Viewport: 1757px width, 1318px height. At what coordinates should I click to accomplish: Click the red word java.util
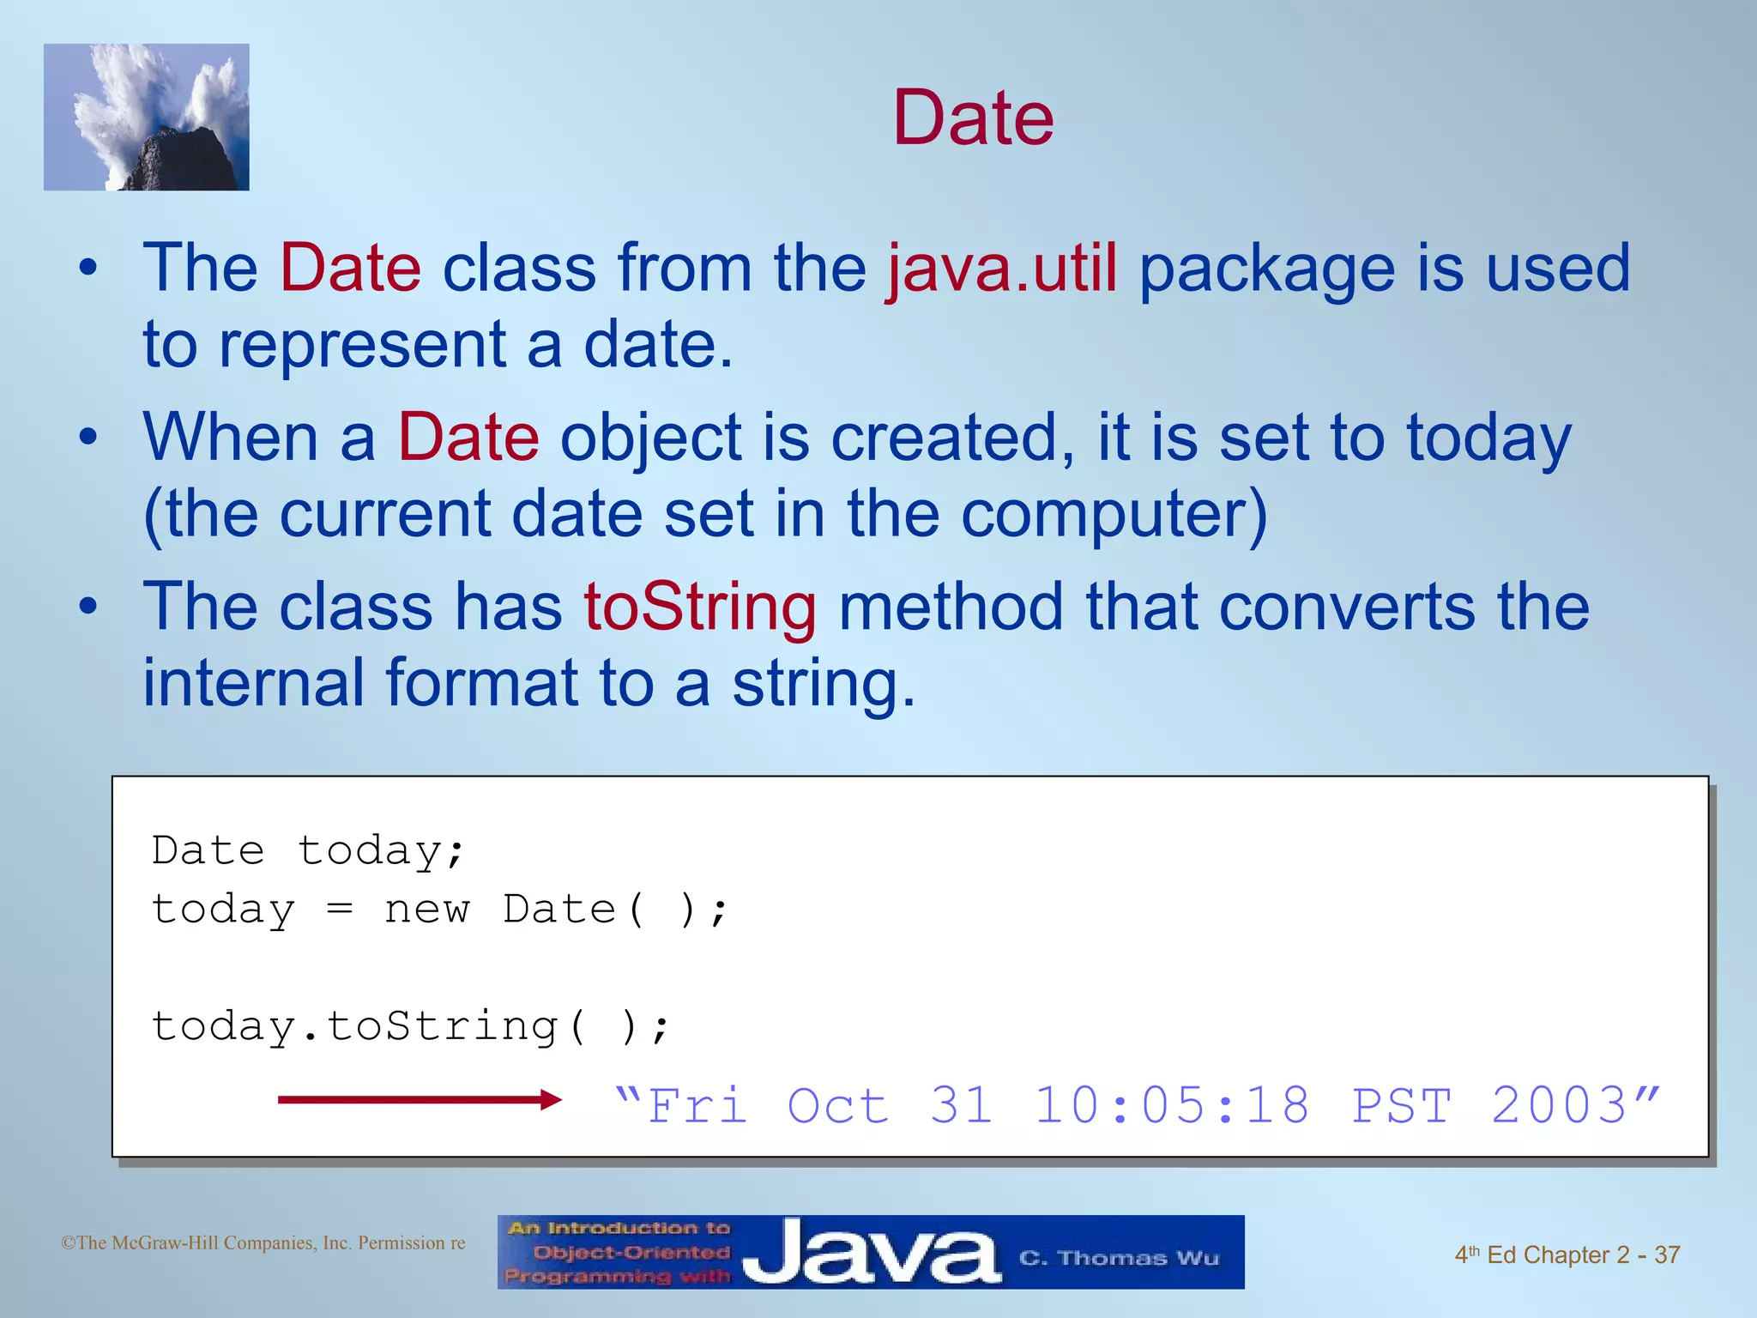point(1001,269)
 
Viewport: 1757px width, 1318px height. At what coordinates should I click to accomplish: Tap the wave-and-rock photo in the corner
point(147,118)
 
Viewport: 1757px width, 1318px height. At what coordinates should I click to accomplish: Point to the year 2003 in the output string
point(1559,1105)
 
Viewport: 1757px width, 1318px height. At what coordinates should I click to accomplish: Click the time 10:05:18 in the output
point(1172,1105)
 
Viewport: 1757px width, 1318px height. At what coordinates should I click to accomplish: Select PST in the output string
point(1401,1105)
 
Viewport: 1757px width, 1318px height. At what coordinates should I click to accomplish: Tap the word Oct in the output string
point(837,1105)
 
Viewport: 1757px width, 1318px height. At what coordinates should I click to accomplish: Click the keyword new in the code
point(426,910)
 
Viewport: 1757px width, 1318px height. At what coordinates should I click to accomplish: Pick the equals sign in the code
point(340,910)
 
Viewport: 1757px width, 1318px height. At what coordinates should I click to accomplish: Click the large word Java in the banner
point(871,1252)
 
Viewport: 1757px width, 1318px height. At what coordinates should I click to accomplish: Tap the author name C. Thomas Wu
point(1119,1258)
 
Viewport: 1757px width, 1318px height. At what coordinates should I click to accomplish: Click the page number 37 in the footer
point(1666,1255)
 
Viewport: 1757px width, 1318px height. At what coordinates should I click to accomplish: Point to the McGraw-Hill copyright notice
point(263,1242)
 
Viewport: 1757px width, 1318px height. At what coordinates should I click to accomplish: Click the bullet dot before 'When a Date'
point(88,438)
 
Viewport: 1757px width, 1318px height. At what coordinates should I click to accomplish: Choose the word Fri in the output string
point(697,1105)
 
